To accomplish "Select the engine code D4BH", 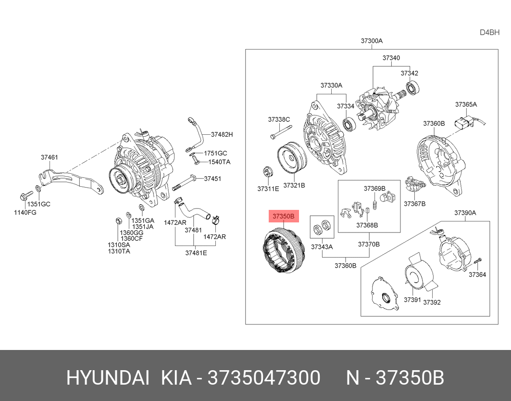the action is tap(489, 33).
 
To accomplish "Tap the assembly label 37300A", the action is tap(372, 41).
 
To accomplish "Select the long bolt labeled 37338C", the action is tap(281, 131).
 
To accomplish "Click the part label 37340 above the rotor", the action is tap(391, 58).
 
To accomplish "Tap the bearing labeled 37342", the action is tap(412, 88).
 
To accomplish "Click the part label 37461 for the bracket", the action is tap(49, 157).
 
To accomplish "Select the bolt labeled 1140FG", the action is tap(25, 195).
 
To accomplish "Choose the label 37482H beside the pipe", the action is tap(222, 134).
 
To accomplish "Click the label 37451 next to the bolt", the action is tap(212, 179).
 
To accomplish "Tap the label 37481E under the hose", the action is tap(196, 253).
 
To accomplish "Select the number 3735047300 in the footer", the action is tap(263, 378).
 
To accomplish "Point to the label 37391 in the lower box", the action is tap(412, 300).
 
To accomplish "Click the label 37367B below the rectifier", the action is tap(414, 204).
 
